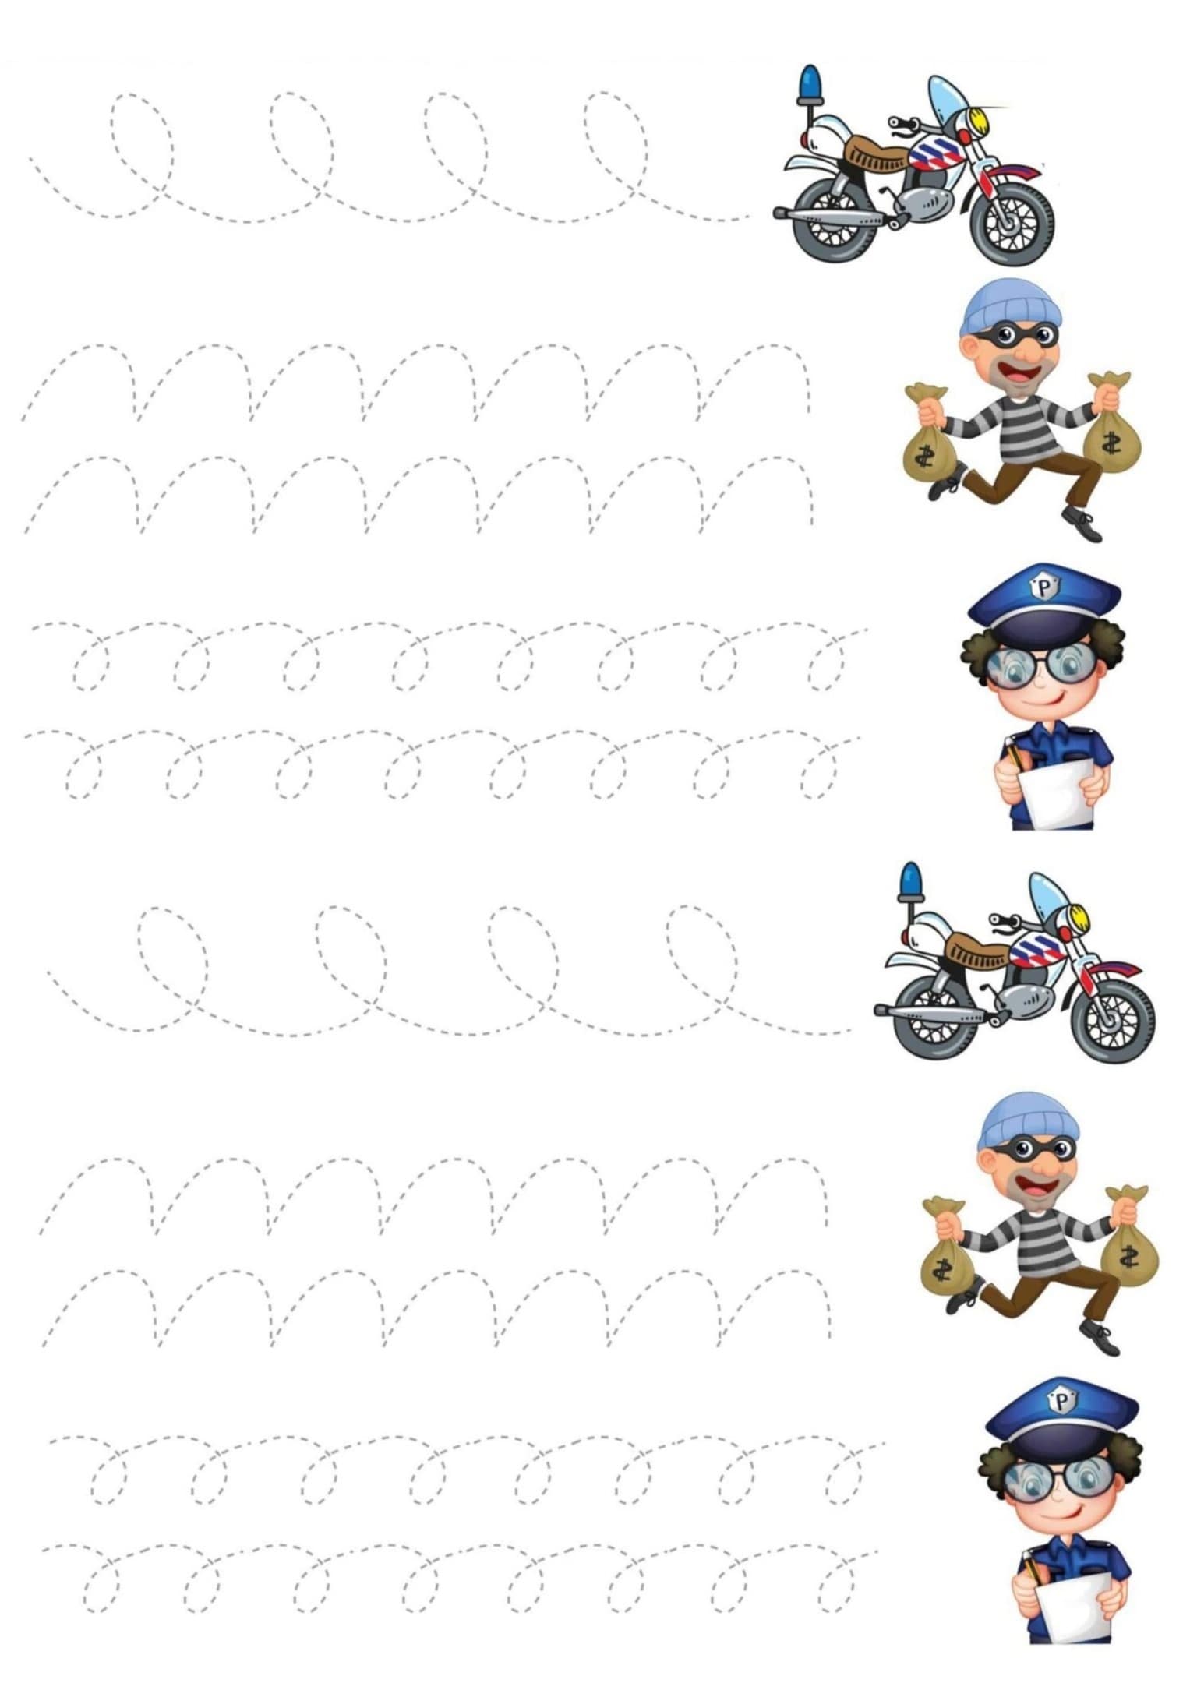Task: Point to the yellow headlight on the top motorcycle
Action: pyautogui.click(x=978, y=122)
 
